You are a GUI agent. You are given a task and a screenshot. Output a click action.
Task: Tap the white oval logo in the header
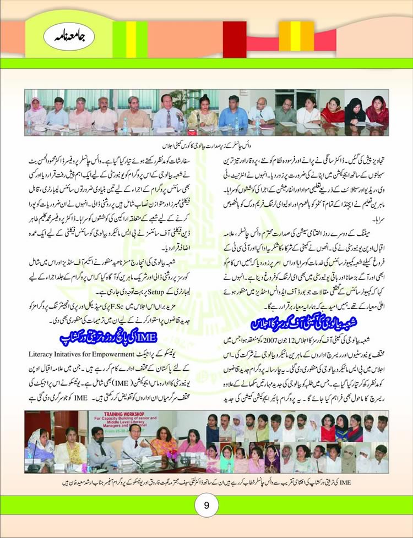click(62, 37)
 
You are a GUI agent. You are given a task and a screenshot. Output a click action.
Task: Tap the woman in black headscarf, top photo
click(356, 111)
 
